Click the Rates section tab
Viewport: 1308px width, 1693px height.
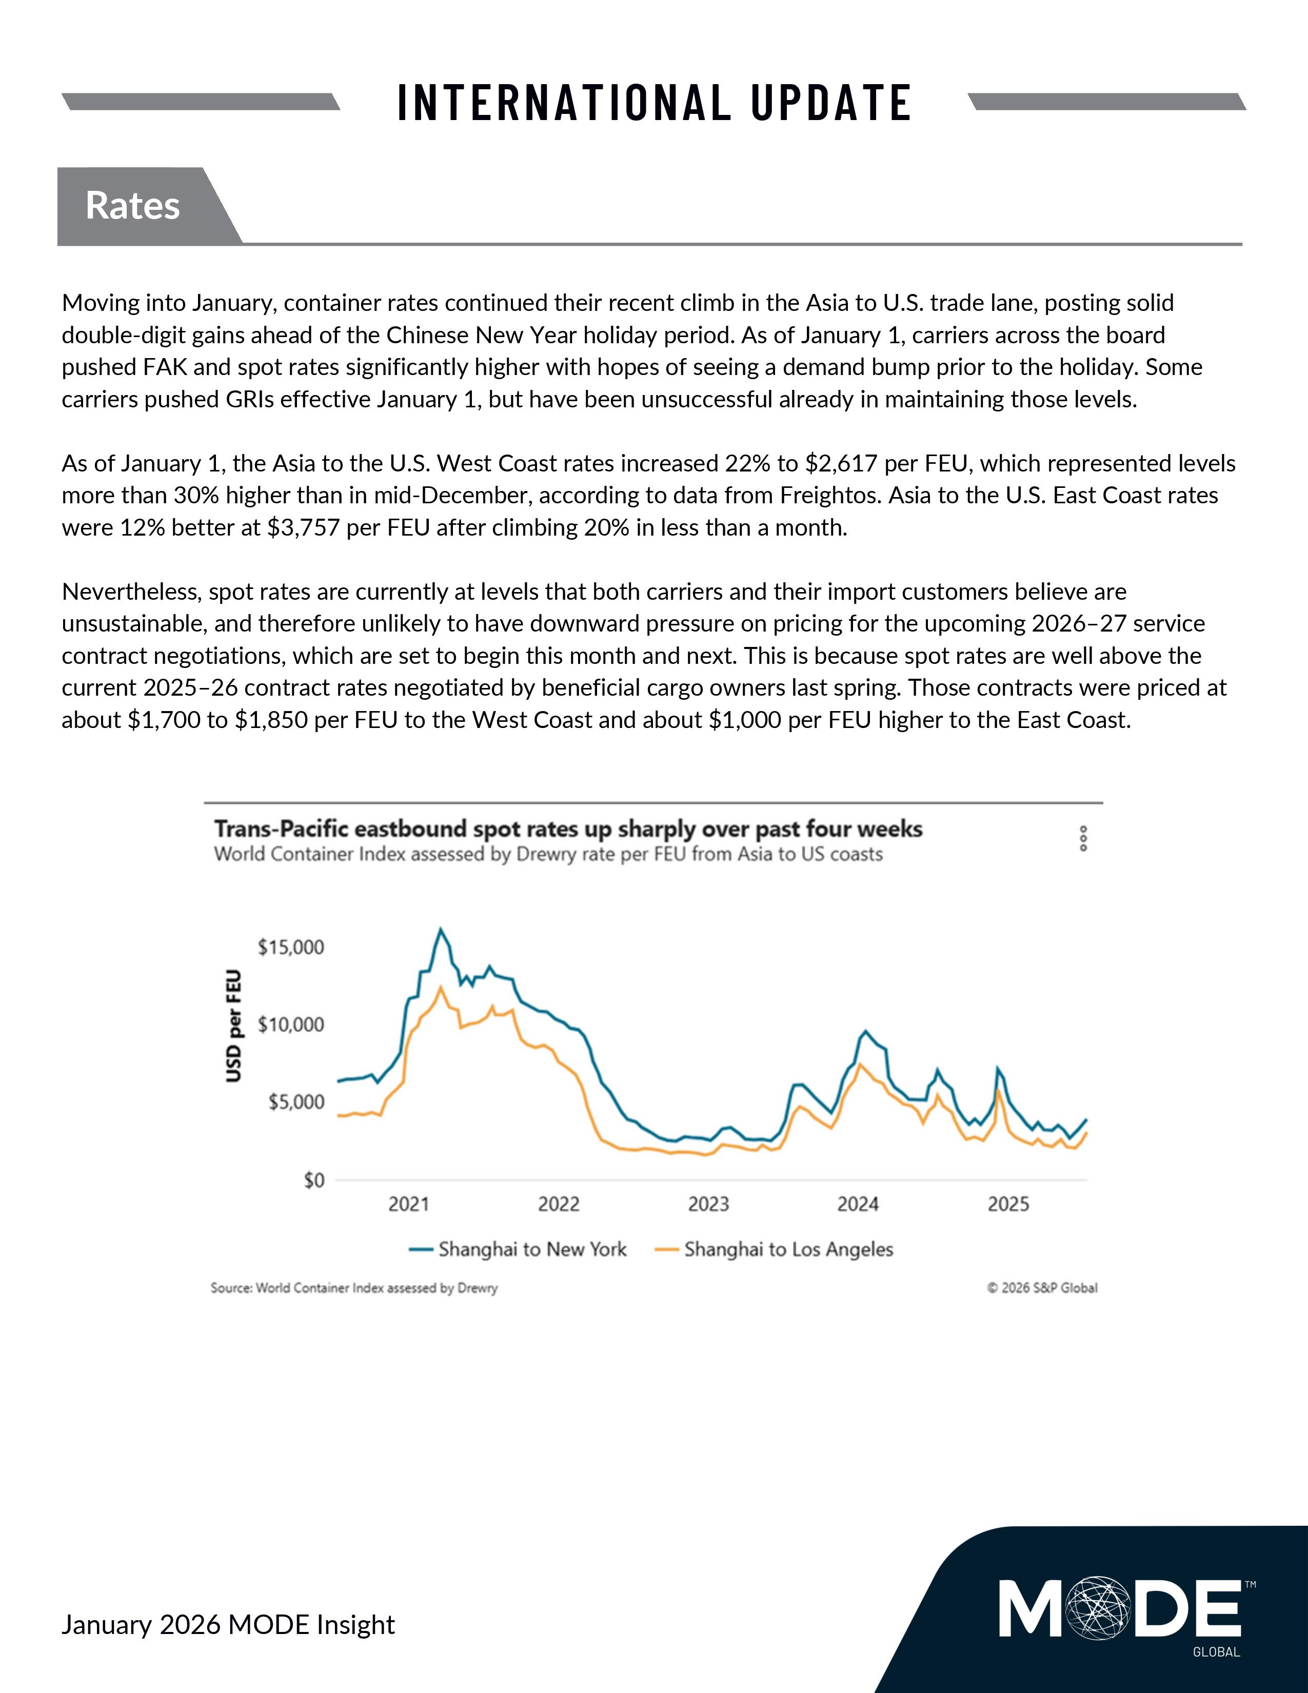coord(132,205)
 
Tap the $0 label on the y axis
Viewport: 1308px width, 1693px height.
coord(314,1180)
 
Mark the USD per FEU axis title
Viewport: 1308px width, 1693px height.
coord(233,1027)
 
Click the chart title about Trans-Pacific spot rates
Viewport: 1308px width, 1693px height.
coord(568,830)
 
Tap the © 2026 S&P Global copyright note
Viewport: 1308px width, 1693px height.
coord(1042,1288)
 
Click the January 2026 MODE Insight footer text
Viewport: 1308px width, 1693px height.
coord(228,1625)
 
